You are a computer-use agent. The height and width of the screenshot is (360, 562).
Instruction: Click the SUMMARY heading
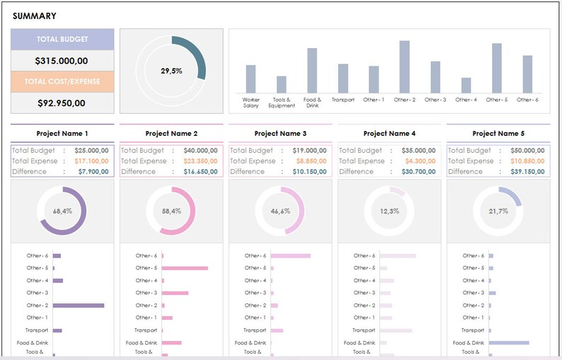click(35, 16)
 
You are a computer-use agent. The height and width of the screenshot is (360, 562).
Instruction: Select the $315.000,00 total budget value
click(62, 61)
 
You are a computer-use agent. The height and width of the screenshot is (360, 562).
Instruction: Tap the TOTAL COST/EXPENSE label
click(62, 81)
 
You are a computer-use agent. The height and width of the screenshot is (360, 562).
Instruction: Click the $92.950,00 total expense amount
click(62, 103)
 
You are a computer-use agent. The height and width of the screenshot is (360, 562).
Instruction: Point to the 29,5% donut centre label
click(171, 71)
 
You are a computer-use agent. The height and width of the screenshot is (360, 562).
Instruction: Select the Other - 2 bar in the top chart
click(404, 67)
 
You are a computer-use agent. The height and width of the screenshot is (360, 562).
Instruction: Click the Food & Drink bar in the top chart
click(312, 71)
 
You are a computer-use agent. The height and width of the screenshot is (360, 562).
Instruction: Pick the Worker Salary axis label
click(251, 103)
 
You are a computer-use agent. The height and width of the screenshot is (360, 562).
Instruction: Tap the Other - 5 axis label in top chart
click(496, 100)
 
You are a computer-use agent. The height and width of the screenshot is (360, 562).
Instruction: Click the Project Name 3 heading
click(280, 133)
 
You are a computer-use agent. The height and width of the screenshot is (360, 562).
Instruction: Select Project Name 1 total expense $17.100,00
click(92, 161)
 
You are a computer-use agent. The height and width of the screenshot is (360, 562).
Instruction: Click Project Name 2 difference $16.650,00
click(200, 172)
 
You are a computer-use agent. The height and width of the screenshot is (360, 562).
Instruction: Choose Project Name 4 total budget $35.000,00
click(418, 151)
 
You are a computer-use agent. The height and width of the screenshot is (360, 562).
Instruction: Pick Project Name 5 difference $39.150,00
click(527, 172)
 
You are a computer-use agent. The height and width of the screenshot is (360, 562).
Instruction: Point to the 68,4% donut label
click(62, 211)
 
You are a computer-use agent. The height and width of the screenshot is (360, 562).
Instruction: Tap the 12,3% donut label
click(389, 211)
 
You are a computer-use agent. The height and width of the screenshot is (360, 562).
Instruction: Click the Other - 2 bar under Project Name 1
click(79, 306)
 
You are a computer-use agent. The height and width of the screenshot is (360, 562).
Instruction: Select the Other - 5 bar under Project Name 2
click(185, 268)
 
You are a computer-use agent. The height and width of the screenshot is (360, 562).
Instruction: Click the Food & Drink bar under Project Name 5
click(509, 342)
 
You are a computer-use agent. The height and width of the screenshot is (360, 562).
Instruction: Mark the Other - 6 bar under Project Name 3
click(290, 256)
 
